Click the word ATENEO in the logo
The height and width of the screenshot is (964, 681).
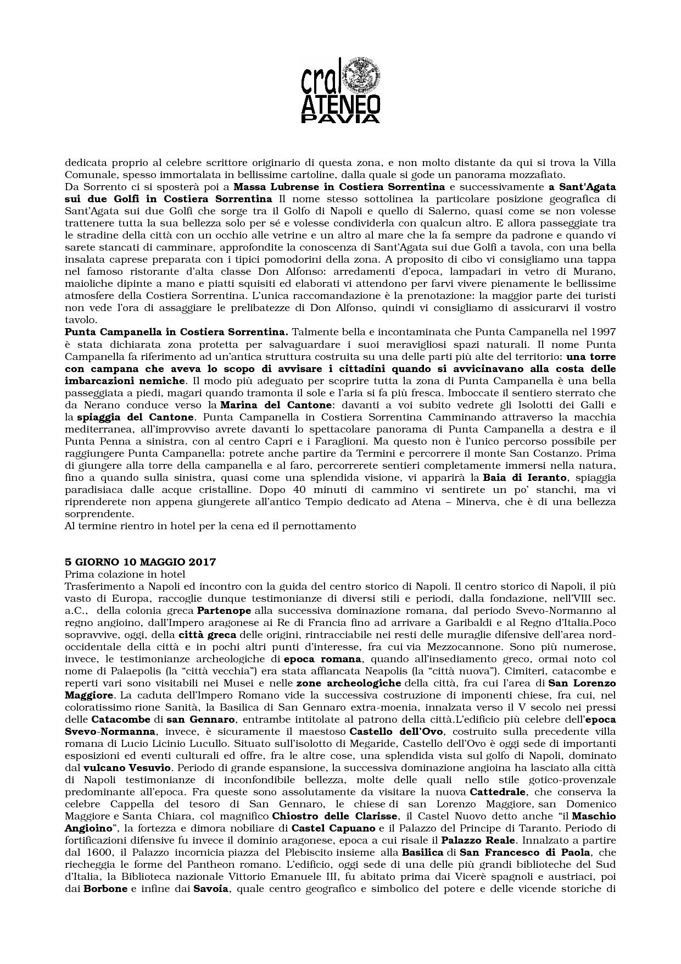coord(340,103)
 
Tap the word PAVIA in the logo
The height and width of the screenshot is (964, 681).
coord(340,118)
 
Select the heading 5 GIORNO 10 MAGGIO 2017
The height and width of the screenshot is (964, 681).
coord(140,562)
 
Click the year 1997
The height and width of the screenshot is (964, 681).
coord(603,332)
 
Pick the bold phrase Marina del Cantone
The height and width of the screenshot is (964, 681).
coord(281,405)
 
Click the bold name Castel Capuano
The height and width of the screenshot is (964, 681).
coord(333,828)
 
